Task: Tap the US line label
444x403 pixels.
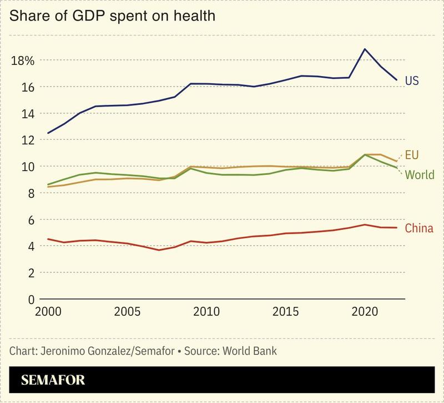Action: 411,81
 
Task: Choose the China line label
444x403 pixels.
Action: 419,228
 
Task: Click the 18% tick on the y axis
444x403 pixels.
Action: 23,61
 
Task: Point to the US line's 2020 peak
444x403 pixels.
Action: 365,49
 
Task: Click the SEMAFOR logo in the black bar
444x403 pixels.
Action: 53,381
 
